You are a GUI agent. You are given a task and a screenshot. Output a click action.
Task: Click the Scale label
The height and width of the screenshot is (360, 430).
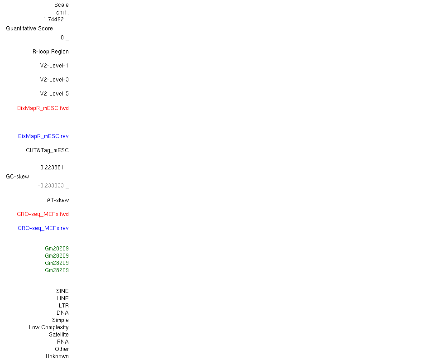pos(62,5)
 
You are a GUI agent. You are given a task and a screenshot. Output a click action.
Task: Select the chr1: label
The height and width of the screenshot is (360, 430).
pos(62,13)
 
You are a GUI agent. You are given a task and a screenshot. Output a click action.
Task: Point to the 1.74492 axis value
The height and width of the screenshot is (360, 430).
pos(53,19)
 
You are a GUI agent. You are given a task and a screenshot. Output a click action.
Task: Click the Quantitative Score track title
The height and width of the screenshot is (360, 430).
pos(29,29)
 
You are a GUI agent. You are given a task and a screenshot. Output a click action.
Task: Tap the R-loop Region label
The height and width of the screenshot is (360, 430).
pos(51,52)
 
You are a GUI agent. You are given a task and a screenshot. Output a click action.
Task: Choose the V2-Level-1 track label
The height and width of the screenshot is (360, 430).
pos(54,66)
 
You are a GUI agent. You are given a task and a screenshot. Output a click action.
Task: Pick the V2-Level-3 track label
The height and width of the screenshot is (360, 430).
pos(54,80)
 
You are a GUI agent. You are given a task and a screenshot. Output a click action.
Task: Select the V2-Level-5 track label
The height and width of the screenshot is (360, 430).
pos(54,94)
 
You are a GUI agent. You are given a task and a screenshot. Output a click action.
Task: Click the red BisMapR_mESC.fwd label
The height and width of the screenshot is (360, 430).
pos(43,108)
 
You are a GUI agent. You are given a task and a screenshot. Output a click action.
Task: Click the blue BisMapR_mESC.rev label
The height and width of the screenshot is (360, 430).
pos(43,136)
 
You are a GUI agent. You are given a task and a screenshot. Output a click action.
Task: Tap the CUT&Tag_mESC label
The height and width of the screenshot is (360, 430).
pos(47,150)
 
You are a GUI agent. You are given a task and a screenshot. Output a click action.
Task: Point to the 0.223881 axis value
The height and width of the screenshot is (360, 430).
pos(52,168)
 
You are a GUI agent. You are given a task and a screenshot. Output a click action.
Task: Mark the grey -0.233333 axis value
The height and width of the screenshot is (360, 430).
pos(51,186)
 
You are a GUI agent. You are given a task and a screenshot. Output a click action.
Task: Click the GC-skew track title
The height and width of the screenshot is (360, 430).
pos(18,177)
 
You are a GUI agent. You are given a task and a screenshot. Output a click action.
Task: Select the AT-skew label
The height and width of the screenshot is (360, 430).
pos(58,200)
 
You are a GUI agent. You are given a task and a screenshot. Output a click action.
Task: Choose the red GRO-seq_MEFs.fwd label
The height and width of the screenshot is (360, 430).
pos(43,214)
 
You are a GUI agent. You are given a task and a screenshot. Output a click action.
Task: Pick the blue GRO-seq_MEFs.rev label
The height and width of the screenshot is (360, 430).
pos(43,228)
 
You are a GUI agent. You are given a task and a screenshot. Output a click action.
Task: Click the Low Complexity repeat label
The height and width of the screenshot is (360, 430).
pos(49,327)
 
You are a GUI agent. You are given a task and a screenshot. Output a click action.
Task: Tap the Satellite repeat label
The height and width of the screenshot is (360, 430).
pos(59,335)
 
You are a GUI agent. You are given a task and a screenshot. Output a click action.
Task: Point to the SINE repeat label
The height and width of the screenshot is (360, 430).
pos(62,291)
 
